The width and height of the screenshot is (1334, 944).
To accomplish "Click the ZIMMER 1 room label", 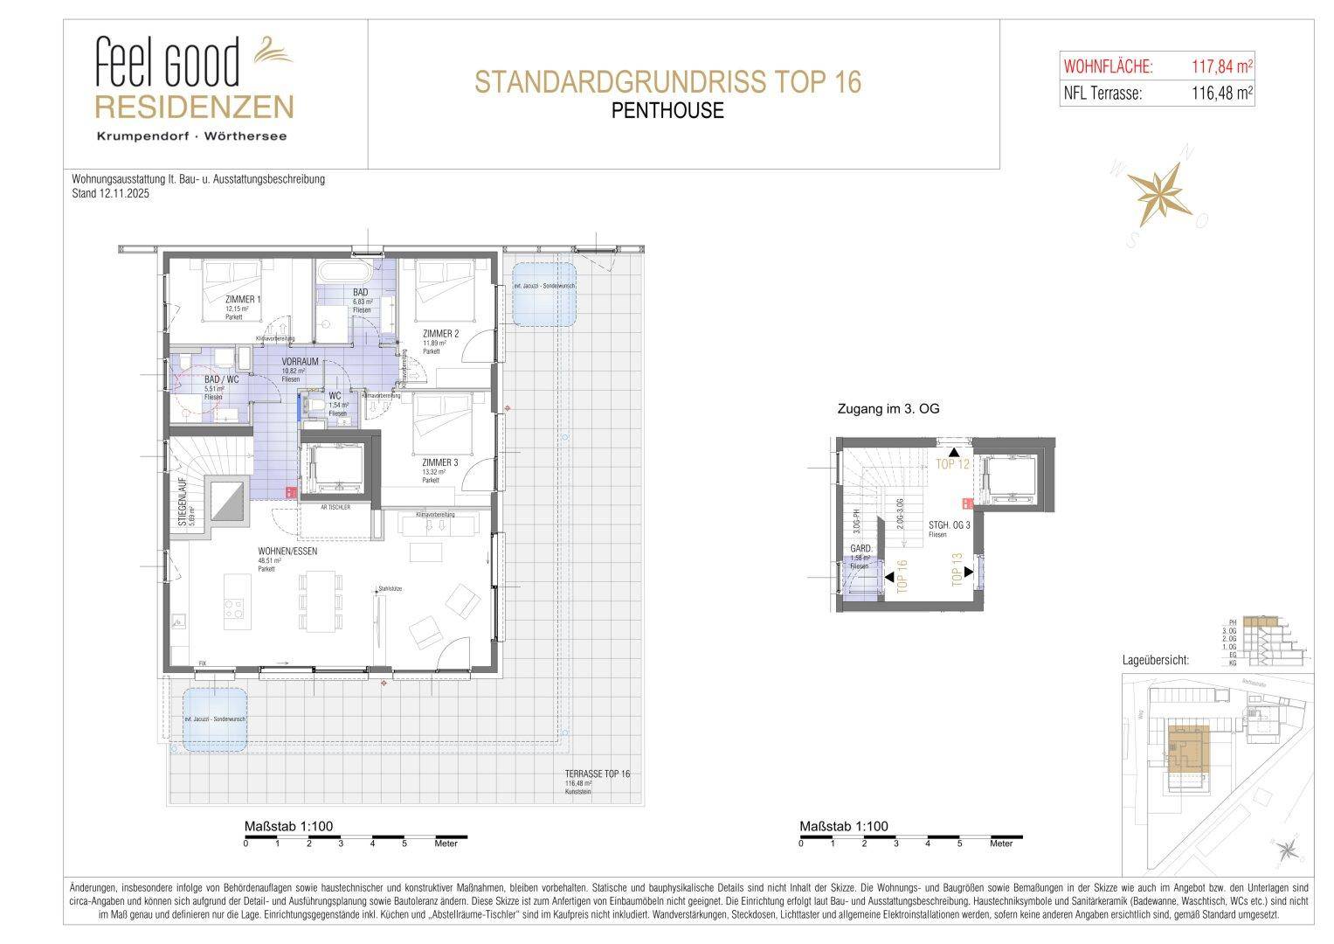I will [243, 300].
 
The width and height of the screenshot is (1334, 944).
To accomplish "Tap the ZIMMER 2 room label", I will [440, 333].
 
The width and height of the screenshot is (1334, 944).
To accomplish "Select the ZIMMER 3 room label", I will [439, 462].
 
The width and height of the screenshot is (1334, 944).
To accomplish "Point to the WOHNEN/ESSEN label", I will [287, 552].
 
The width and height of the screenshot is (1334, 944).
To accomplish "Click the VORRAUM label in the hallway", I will [300, 361].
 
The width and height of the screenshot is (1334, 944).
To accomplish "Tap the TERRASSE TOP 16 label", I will [597, 774].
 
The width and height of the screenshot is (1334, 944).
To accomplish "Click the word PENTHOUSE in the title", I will [667, 111].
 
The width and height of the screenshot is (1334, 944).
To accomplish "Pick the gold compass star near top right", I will [1158, 195].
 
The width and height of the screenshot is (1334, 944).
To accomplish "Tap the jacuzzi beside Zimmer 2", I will [543, 294].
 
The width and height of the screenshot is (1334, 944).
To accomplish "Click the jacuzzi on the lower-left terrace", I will [214, 719].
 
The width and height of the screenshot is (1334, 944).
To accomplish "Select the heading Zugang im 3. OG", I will [888, 409].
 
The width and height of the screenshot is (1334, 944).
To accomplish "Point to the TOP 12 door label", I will [953, 464].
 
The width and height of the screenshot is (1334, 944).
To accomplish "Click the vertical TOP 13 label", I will [957, 568].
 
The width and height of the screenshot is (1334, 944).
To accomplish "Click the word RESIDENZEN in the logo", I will [193, 108].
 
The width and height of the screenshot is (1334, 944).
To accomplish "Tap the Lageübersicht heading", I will [1155, 661].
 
